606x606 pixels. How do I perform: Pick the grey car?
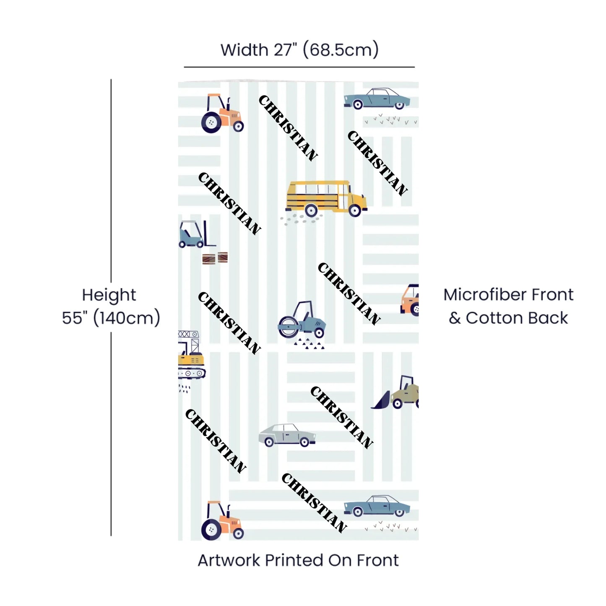[286, 435]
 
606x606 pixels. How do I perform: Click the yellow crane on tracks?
[190, 356]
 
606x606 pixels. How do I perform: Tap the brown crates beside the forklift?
[215, 258]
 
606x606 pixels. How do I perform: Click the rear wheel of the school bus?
[311, 210]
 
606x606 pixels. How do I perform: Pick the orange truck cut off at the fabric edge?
[411, 299]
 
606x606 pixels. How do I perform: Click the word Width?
[244, 50]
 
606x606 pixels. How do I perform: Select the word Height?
[109, 295]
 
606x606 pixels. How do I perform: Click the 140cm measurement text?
[127, 318]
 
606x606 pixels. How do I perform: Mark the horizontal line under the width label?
[299, 67]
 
